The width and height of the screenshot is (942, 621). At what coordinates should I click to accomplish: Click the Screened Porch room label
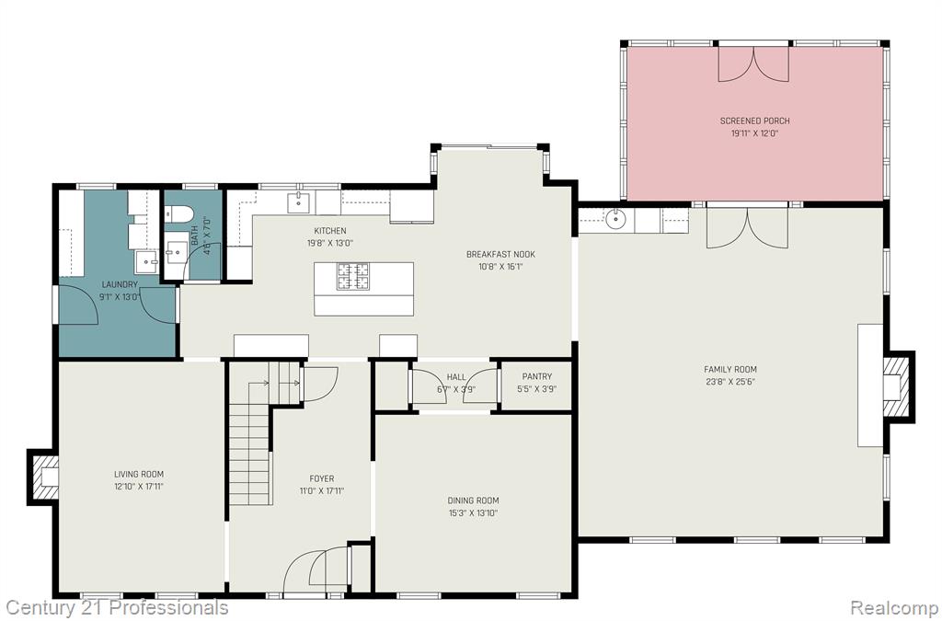click(x=754, y=121)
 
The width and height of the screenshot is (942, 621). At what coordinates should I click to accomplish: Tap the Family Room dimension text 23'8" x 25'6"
click(x=730, y=382)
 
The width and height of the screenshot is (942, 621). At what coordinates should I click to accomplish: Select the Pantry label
click(x=536, y=376)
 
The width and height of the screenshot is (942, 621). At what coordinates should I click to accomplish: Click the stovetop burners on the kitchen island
click(x=352, y=277)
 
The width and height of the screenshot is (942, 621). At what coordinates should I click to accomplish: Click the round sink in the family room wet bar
click(x=615, y=220)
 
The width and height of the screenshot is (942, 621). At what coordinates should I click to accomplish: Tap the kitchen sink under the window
click(x=299, y=202)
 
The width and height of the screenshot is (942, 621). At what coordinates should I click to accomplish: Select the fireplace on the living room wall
click(x=42, y=477)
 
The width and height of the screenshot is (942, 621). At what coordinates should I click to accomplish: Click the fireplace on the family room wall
click(x=898, y=386)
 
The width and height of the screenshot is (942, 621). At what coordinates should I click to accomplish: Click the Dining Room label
click(x=473, y=500)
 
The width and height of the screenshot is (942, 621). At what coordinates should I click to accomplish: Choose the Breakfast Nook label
click(x=500, y=254)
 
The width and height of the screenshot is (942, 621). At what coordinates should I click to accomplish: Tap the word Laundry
click(x=120, y=284)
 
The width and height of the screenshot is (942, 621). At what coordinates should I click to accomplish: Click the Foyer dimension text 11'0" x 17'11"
click(x=322, y=490)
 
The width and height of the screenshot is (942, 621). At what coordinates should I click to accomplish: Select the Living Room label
click(x=139, y=474)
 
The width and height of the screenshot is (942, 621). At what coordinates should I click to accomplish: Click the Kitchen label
click(x=330, y=231)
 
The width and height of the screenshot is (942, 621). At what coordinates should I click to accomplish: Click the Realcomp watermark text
click(x=893, y=607)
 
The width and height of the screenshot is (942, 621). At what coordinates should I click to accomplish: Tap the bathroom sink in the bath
click(x=177, y=253)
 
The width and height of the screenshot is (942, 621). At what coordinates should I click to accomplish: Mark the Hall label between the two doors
click(x=456, y=377)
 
